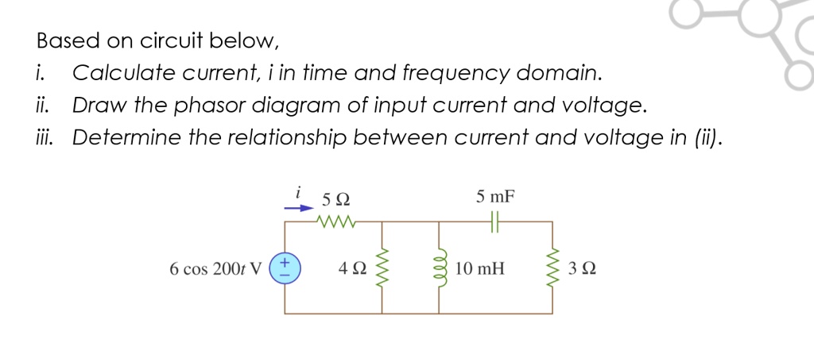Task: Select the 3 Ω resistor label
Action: click(583, 268)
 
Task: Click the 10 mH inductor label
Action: click(480, 268)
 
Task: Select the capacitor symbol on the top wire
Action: click(495, 222)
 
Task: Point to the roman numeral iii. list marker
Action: click(45, 137)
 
